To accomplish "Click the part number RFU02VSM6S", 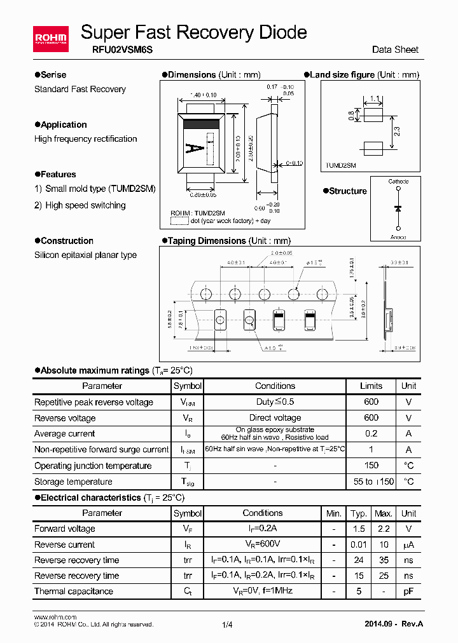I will pos(109,50).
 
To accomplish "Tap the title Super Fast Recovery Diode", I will pos(194,32).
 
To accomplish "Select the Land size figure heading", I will pos(342,75).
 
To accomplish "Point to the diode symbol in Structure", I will pos(398,208).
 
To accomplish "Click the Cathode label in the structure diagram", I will pos(398,182).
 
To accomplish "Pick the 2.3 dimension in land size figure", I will pos(396,132).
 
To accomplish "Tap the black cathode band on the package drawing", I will pos(204,125).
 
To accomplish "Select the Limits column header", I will pos(371,386).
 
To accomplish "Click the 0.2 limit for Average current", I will pos(371,433).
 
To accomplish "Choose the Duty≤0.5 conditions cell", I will pos(275,402).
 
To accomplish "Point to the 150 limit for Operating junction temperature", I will pos(371,466).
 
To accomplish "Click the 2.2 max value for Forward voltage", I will pos(383,529).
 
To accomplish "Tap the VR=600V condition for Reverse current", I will pos(263,545).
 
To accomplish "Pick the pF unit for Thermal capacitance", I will pos(408,591).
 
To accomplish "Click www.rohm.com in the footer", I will pos(55,617).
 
